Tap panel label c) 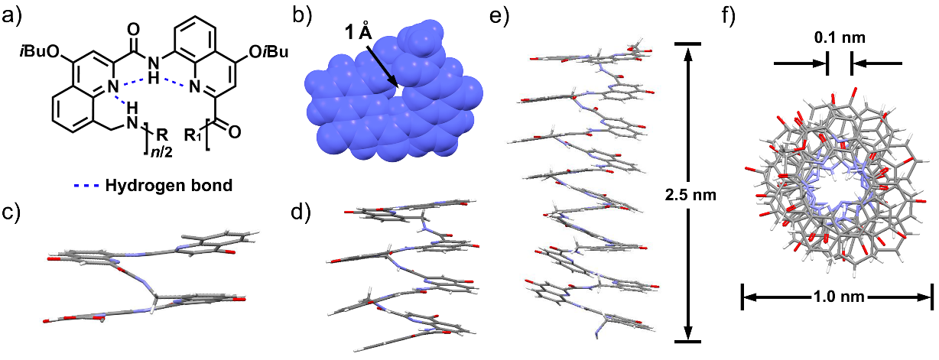[x=11, y=212]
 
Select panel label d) [x=301, y=212]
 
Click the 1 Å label [x=359, y=32]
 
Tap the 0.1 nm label [x=840, y=37]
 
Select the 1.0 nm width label [x=839, y=297]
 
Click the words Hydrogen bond [x=169, y=185]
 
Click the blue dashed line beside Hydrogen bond [x=86, y=185]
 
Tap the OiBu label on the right [x=268, y=52]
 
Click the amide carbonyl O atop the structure [x=133, y=30]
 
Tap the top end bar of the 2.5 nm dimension [x=687, y=44]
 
